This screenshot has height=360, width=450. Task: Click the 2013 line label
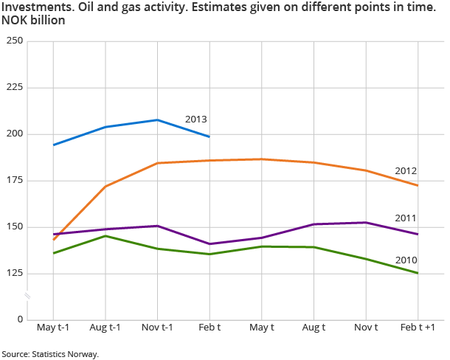pos(195,119)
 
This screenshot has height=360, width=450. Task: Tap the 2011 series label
pos(407,218)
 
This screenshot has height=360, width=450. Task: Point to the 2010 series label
pos(407,260)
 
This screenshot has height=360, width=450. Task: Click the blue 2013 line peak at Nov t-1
pos(157,120)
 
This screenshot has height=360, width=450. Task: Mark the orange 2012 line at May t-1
pos(53,240)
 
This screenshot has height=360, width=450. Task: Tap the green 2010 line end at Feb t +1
pos(418,273)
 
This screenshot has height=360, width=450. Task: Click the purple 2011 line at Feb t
pos(210,243)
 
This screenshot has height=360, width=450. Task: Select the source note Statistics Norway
pos(50,353)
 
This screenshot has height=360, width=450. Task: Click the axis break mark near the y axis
pos(27,297)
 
